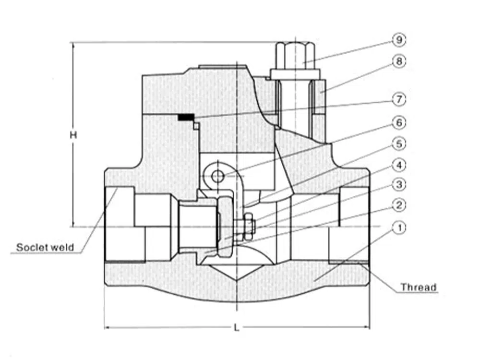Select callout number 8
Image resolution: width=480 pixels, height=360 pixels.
pos(399,61)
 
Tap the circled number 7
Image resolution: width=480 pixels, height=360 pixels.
pos(399,100)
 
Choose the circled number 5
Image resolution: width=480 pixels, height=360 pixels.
pos(399,144)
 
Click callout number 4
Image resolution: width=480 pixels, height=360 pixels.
pos(399,166)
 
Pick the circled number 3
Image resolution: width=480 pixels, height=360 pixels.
pos(399,184)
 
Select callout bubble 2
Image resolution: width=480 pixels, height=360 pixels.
pos(399,205)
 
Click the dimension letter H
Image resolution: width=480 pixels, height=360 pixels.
pos(73,136)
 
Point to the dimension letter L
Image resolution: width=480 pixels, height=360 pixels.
pos(237,328)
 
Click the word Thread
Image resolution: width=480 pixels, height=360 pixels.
pos(419,288)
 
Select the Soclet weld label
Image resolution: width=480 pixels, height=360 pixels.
pos(45,247)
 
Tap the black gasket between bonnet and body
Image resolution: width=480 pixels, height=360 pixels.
pos(186,117)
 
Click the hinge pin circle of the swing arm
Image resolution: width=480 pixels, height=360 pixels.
pos(217,176)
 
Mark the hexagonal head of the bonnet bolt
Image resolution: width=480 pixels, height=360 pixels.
pos(295,55)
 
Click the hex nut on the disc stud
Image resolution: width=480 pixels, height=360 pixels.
pos(248,227)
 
